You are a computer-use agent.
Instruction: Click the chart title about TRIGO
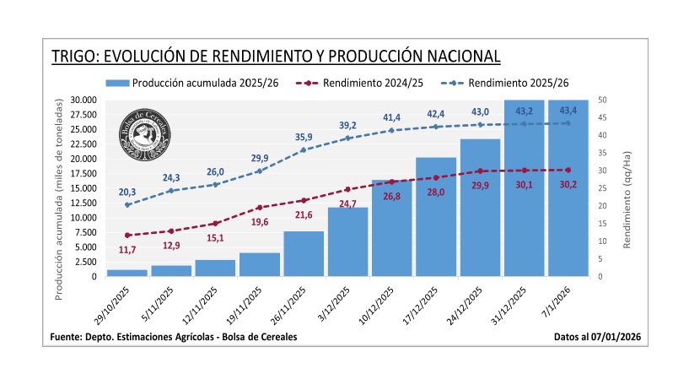[x=276, y=57]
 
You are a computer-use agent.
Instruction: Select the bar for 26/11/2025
[x=304, y=253]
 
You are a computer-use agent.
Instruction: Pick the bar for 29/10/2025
[x=127, y=273]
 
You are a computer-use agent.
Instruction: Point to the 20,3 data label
[x=127, y=192]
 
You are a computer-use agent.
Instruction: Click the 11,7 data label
[x=127, y=249]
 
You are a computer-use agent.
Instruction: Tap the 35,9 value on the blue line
[x=304, y=137]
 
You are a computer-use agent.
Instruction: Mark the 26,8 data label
[x=392, y=196]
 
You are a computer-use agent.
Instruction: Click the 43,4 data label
[x=568, y=111]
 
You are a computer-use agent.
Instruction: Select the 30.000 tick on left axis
[x=83, y=100]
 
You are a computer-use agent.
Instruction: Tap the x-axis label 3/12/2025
[x=336, y=303]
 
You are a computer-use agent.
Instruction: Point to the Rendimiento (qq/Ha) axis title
[x=627, y=188]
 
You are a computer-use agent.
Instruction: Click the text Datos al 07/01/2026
[x=598, y=337]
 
